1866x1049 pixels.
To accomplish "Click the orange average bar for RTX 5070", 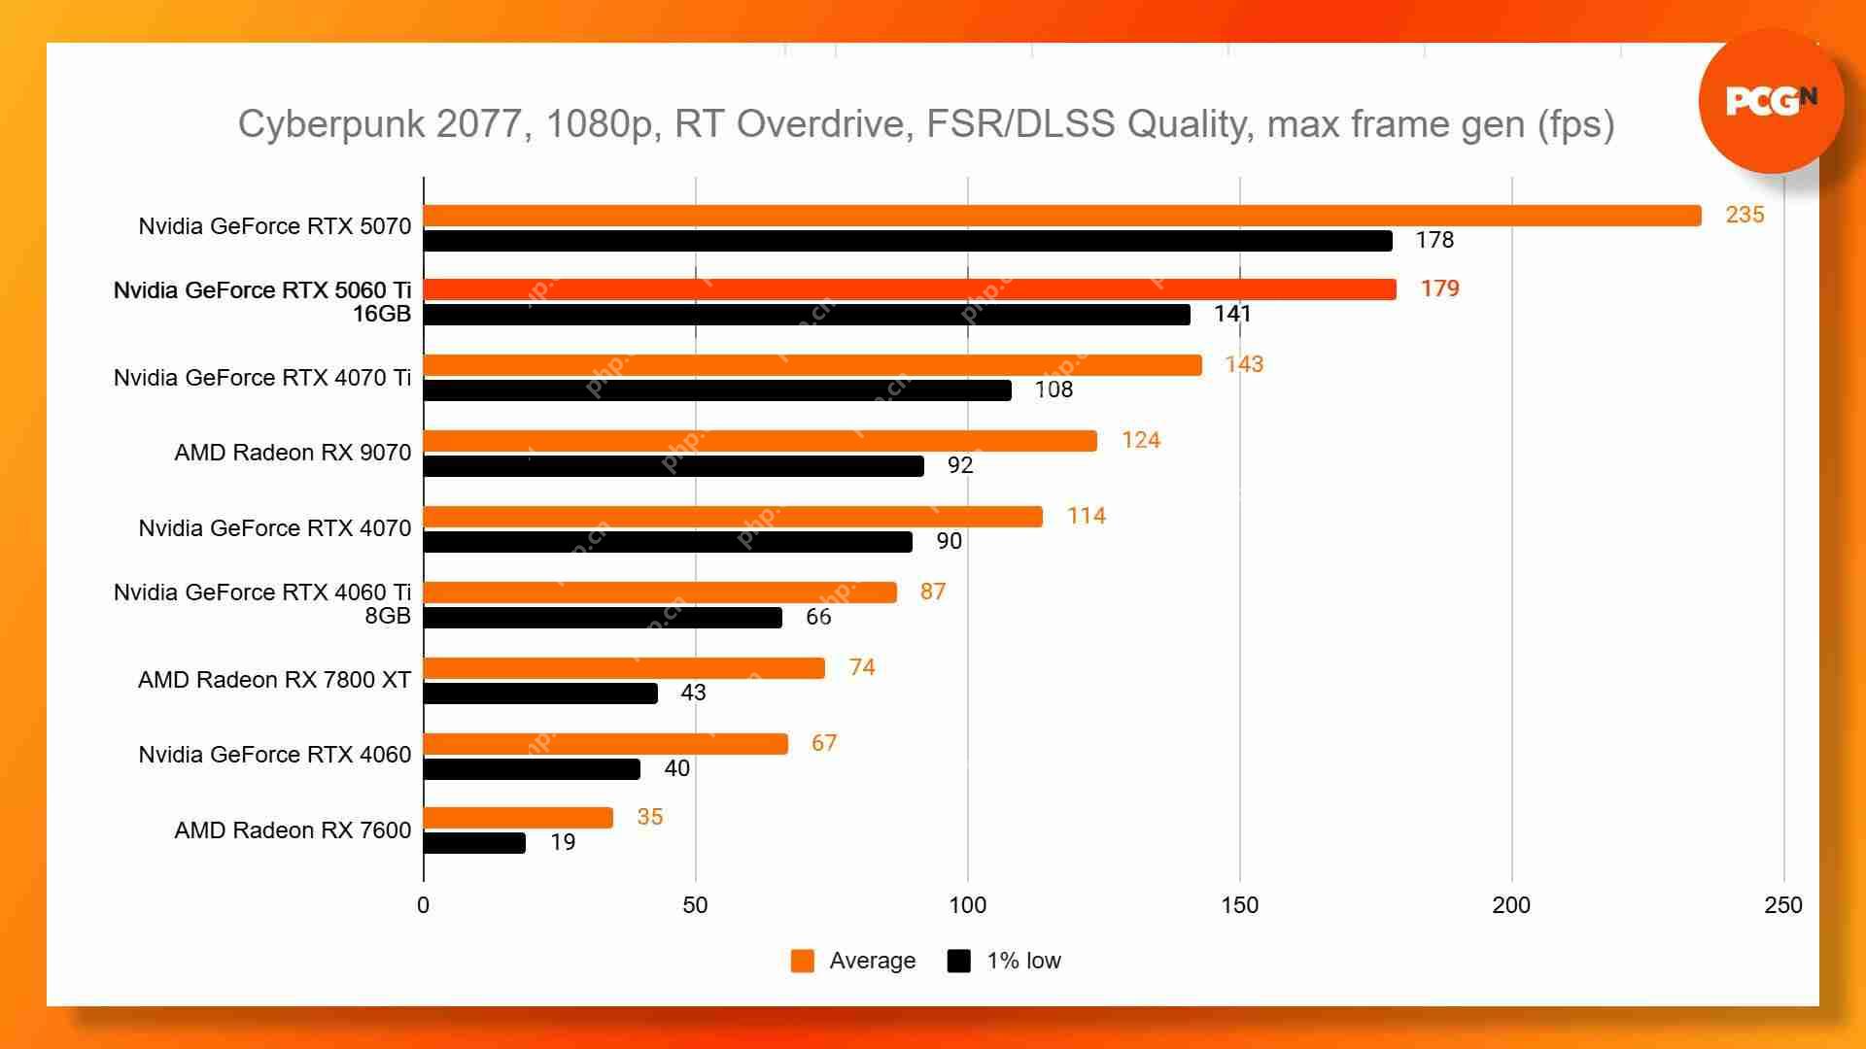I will coord(1061,216).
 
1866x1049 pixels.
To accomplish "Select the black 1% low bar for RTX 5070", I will coord(907,241).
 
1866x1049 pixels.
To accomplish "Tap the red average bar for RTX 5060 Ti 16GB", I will coord(909,289).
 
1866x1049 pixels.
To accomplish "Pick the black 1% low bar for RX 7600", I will coord(474,843).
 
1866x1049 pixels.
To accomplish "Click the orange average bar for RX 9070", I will coord(760,441).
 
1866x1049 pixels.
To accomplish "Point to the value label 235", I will coord(1745,215).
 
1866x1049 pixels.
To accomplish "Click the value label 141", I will coord(1232,314).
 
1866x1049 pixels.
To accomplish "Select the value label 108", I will coord(1054,389).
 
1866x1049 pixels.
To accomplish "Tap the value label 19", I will coord(563,842).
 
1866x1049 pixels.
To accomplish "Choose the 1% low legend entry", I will coord(1005,961).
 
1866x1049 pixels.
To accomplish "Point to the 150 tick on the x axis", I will coord(1239,905).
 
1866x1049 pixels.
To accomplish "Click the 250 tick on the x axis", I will coord(1782,905).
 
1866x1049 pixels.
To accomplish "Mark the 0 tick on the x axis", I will coord(423,905).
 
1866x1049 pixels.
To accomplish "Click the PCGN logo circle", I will coord(1771,101).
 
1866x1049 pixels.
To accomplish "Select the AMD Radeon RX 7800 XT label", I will coord(274,680).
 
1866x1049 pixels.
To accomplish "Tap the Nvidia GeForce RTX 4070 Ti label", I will coord(262,378).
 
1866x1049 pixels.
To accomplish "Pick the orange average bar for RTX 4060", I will coord(605,744).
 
